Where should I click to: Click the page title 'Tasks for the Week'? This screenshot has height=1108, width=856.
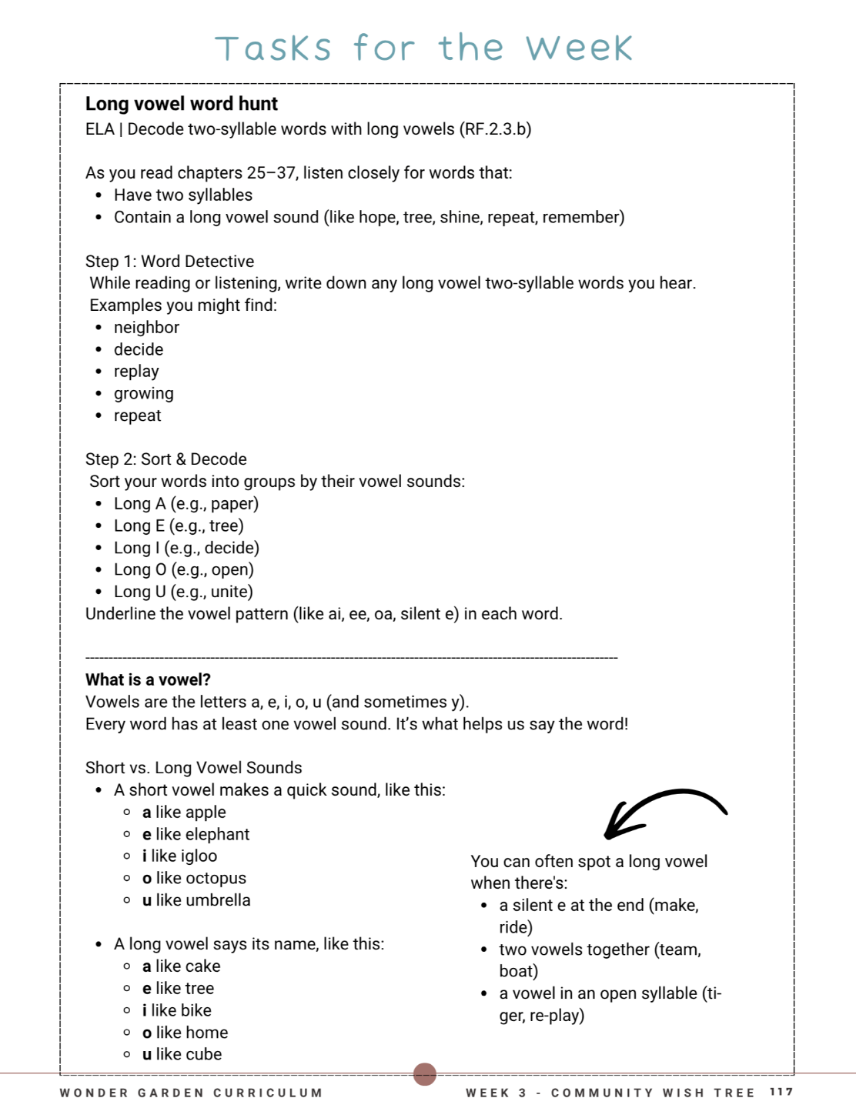coord(423,48)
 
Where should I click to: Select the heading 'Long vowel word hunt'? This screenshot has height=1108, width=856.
coord(181,104)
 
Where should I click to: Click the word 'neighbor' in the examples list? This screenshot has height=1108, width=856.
coord(146,328)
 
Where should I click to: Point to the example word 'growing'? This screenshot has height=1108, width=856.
coord(143,394)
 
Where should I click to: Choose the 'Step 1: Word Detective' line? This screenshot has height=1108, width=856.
coord(169,262)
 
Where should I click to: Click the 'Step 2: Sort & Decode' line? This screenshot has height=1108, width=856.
coord(166,459)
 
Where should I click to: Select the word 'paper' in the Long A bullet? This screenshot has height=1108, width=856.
coord(233,504)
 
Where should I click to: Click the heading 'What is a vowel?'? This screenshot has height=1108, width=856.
coord(148,680)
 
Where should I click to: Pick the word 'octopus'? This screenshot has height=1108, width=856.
coord(216,879)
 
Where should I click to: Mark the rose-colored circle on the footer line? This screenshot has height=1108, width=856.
coord(425,1074)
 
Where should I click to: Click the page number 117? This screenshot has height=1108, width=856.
coord(781,1092)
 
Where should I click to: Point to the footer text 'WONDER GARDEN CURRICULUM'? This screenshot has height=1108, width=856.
coord(191,1093)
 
